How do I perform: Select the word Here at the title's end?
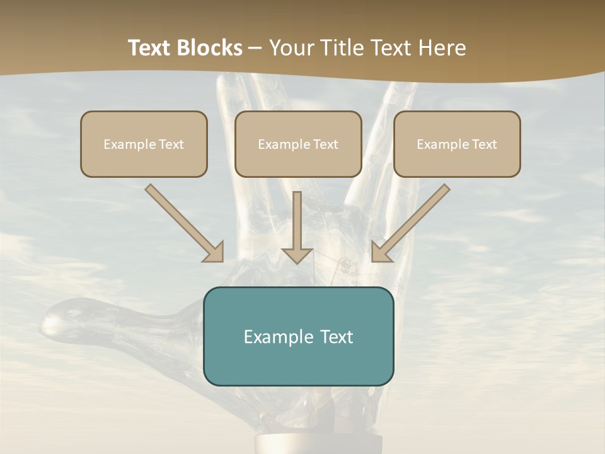click(443, 48)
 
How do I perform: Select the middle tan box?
click(298, 161)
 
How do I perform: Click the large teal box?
click(299, 363)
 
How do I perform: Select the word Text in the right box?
click(485, 144)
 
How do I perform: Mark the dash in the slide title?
click(255, 49)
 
